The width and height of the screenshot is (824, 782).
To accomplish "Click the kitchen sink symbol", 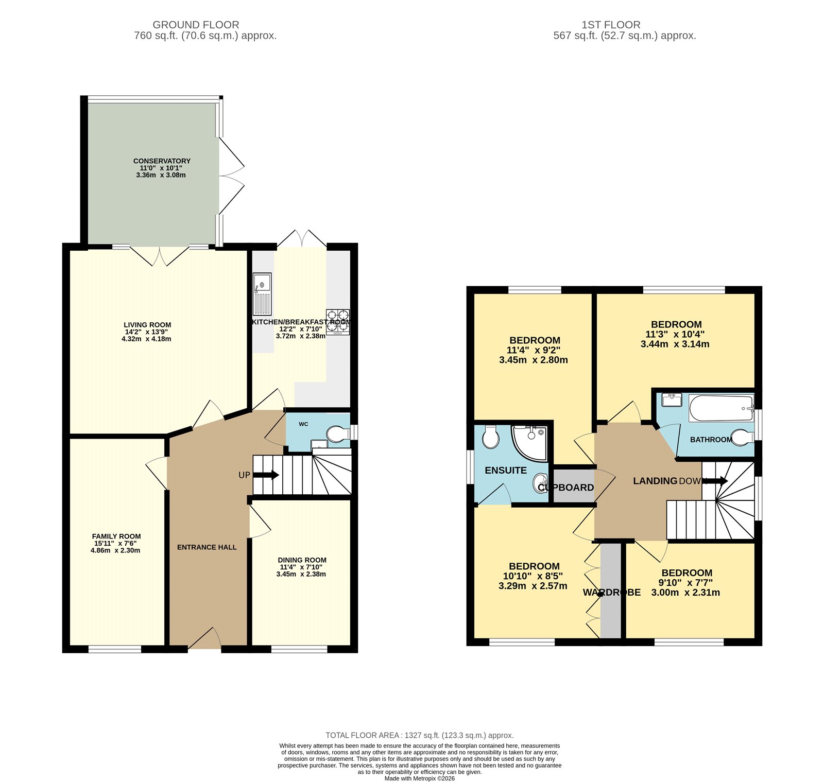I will tap(262, 294).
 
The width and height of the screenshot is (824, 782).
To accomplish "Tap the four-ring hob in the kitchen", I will tap(338, 321).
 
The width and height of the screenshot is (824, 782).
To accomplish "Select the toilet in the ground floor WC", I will tap(337, 433).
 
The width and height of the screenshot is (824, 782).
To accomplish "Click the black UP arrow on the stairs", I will tap(266, 475).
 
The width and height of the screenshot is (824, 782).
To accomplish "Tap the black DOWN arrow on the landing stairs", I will tap(716, 481).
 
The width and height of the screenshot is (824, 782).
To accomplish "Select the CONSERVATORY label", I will tap(162, 161).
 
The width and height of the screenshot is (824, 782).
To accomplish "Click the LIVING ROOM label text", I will tap(147, 325).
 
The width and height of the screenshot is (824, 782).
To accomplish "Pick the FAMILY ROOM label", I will tap(116, 536).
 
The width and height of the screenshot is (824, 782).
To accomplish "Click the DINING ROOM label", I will tap(302, 560).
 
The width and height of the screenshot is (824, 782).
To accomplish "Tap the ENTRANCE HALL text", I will tap(207, 547).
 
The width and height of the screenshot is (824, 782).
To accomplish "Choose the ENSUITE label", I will tap(505, 471).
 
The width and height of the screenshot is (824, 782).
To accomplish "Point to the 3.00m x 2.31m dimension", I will tap(685, 593).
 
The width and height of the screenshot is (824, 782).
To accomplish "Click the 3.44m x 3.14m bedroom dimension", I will tap(675, 344).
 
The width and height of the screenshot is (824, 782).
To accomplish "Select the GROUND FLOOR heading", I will tap(196, 25).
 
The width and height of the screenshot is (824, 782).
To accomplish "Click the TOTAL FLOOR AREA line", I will tap(419, 735).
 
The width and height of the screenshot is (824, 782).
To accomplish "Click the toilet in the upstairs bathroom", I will tap(741, 438).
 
